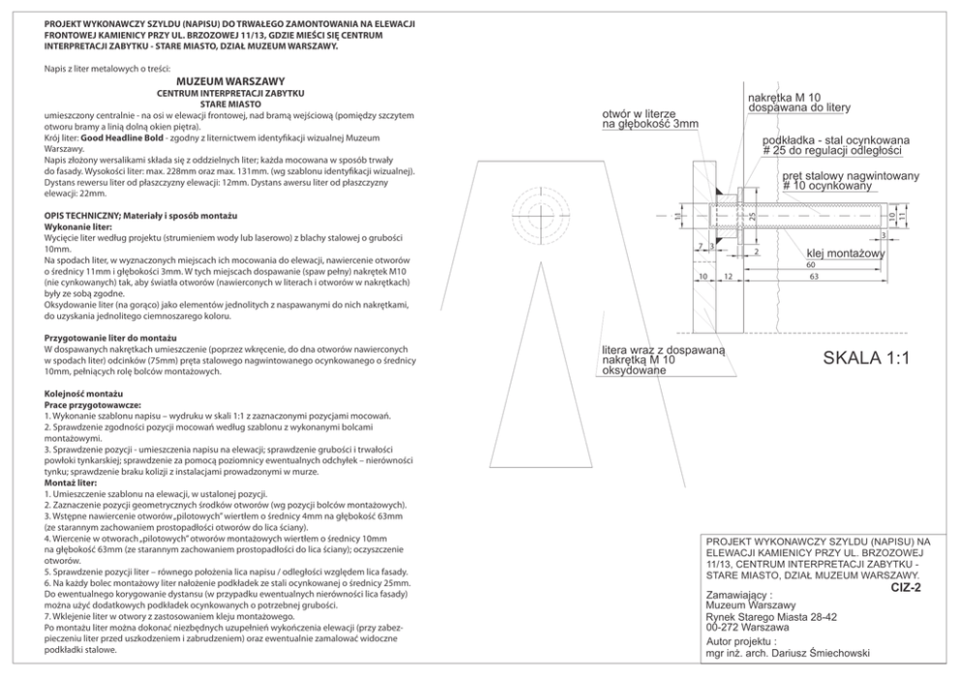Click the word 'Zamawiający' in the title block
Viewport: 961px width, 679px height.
[739, 594]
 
